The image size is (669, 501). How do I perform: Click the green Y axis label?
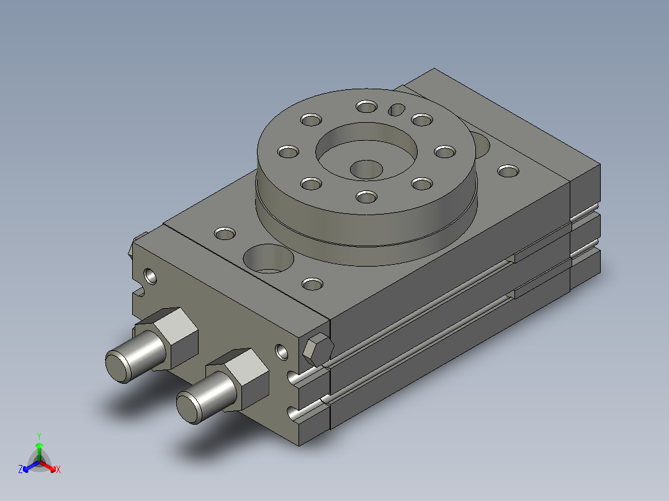39,436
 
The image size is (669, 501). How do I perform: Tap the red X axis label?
58,469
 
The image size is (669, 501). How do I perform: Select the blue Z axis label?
20,469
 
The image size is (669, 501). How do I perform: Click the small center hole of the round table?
367,169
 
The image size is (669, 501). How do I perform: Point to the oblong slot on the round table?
397,110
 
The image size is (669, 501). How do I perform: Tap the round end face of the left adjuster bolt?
118,366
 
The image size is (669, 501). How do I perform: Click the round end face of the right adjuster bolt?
189,408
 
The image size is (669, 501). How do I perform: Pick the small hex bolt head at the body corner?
318,350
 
